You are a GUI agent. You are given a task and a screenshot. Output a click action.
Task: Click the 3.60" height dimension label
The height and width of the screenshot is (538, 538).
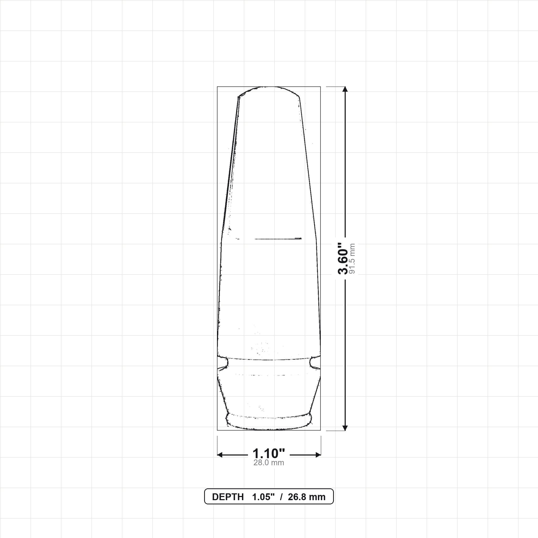coord(343,259)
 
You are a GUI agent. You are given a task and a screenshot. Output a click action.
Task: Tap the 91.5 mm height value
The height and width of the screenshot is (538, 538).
coord(352,259)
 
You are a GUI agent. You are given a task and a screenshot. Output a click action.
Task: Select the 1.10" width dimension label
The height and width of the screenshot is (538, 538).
coord(269,454)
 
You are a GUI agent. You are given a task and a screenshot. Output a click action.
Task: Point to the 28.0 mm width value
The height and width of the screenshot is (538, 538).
coord(269,463)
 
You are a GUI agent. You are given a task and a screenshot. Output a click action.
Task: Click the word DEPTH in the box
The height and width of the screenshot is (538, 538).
coord(228,497)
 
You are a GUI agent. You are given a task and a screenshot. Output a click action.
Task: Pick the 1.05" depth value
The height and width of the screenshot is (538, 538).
coord(263,497)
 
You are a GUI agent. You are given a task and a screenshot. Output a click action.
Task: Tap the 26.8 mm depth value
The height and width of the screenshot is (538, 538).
coord(307,497)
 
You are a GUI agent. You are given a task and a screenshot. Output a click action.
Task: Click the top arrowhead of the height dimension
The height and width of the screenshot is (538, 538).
coord(345,89)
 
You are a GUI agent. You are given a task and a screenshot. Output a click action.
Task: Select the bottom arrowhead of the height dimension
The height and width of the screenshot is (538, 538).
coord(345,428)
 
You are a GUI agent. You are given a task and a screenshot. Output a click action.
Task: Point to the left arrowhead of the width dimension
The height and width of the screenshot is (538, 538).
coord(220,455)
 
